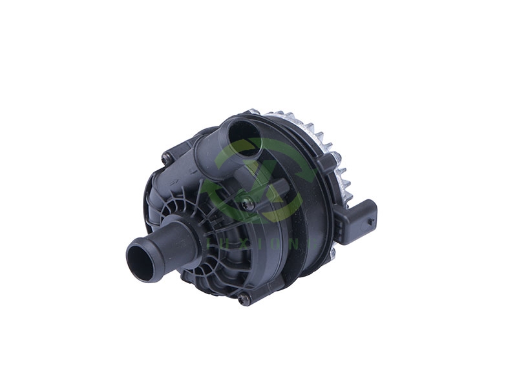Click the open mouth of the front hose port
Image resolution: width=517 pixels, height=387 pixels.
141,259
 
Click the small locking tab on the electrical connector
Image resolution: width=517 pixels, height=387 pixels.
370,219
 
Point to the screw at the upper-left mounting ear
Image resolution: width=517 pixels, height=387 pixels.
169,155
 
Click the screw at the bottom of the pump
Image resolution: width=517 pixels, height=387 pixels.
243,297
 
